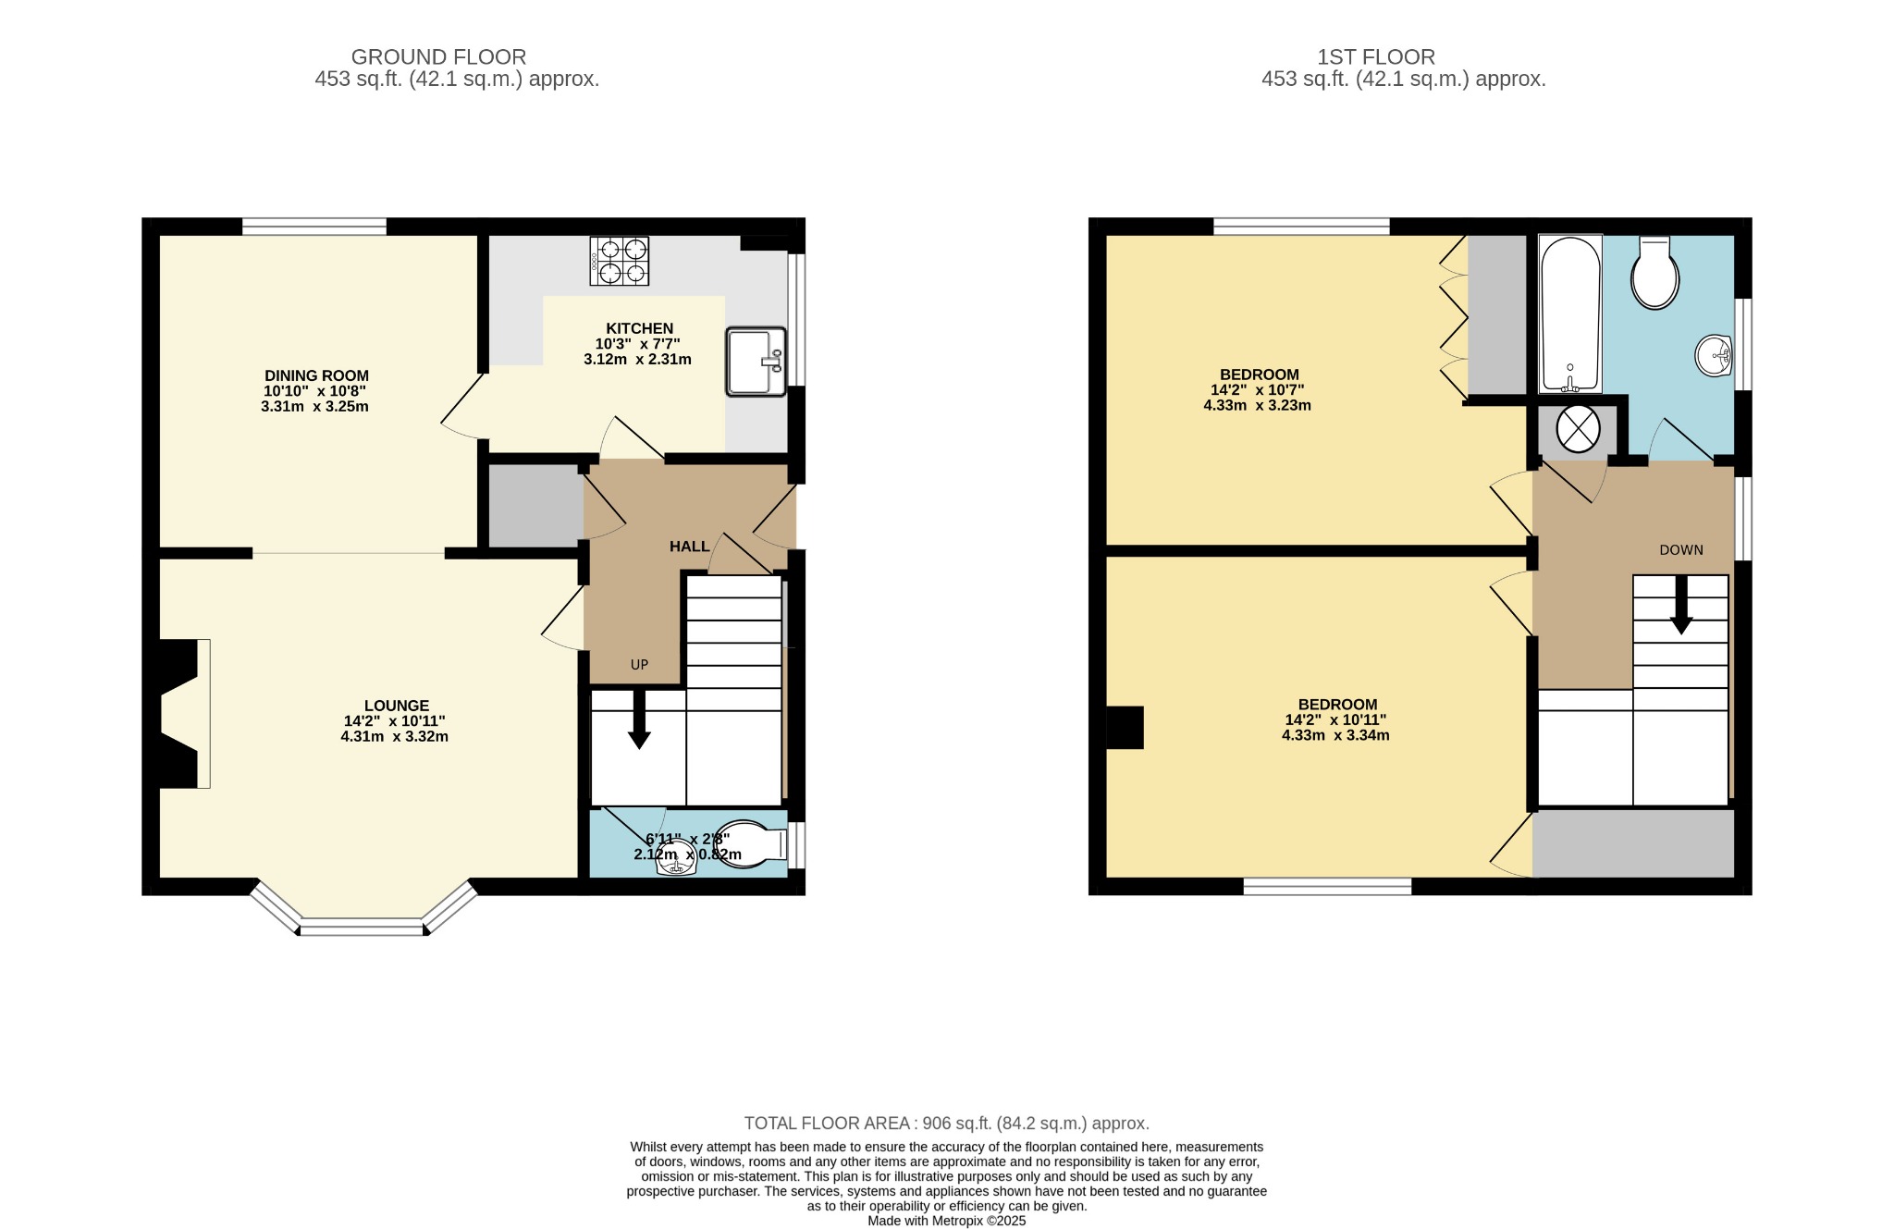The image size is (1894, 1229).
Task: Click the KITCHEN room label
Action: (639, 328)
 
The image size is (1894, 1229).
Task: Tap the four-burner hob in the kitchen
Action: (620, 261)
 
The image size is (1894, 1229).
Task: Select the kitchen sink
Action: (756, 362)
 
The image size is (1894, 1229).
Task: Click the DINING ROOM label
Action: (316, 375)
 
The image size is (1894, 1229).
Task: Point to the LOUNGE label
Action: (396, 706)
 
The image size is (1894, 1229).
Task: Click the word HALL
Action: (689, 547)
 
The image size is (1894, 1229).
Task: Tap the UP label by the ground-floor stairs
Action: (639, 665)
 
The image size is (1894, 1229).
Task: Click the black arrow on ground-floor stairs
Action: (639, 719)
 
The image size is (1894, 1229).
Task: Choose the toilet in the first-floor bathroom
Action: (1654, 272)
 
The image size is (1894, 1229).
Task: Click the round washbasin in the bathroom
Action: (1714, 356)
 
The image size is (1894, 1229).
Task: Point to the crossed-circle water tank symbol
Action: (1578, 429)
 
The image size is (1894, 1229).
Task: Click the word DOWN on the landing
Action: (1680, 550)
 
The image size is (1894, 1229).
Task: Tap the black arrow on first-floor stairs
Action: (1680, 605)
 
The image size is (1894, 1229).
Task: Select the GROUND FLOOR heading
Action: (438, 57)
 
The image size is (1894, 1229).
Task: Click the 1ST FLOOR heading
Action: (1376, 57)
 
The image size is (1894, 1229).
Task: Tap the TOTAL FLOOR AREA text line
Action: (947, 1124)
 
